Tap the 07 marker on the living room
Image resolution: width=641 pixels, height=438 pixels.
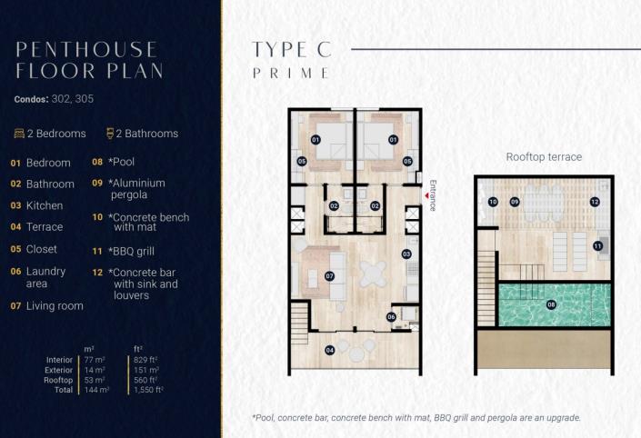[328, 275]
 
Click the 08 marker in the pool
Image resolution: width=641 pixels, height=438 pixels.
[551, 304]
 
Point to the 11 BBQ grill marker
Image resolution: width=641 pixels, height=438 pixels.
[597, 245]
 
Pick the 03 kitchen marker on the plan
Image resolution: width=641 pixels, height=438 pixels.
[406, 254]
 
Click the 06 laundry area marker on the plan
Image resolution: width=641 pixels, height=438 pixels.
[391, 316]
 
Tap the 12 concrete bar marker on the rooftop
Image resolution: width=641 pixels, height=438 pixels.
[595, 202]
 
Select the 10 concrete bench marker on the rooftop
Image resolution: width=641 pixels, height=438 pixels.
[492, 202]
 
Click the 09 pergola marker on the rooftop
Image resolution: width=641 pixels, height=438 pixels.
[514, 202]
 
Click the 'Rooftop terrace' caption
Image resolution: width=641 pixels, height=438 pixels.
[544, 157]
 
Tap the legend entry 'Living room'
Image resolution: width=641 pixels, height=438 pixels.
[55, 306]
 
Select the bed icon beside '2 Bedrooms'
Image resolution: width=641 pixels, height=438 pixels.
[19, 134]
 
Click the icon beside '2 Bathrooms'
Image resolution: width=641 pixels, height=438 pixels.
[110, 134]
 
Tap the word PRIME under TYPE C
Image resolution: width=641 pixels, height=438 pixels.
[291, 74]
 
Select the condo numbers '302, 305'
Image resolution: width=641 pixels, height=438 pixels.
[74, 98]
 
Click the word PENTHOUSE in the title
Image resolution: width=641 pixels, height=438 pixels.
[86, 49]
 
